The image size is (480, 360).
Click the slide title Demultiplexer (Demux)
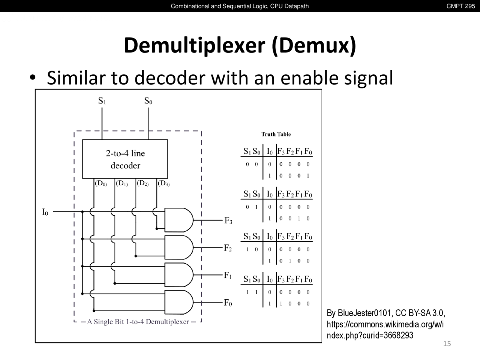tap(240, 46)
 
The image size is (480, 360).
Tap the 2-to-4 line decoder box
tap(125, 159)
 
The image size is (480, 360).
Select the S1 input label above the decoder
tap(102, 101)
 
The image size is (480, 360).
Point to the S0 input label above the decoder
tap(148, 101)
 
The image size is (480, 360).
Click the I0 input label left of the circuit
tap(45, 212)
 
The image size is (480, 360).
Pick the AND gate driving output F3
tap(178, 220)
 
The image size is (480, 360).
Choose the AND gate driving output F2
tap(178, 247)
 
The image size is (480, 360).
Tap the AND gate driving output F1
tap(178, 275)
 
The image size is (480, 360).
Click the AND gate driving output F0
tap(178, 302)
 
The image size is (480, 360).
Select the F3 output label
tap(228, 221)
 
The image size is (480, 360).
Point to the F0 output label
tap(228, 303)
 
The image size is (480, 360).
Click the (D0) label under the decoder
tap(101, 183)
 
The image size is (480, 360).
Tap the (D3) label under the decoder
tap(163, 183)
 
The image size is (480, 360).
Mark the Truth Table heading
tap(276, 134)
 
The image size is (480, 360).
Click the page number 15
tap(447, 343)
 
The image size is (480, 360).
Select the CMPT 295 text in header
tap(460, 6)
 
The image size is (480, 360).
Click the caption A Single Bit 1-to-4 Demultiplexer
tap(138, 322)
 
